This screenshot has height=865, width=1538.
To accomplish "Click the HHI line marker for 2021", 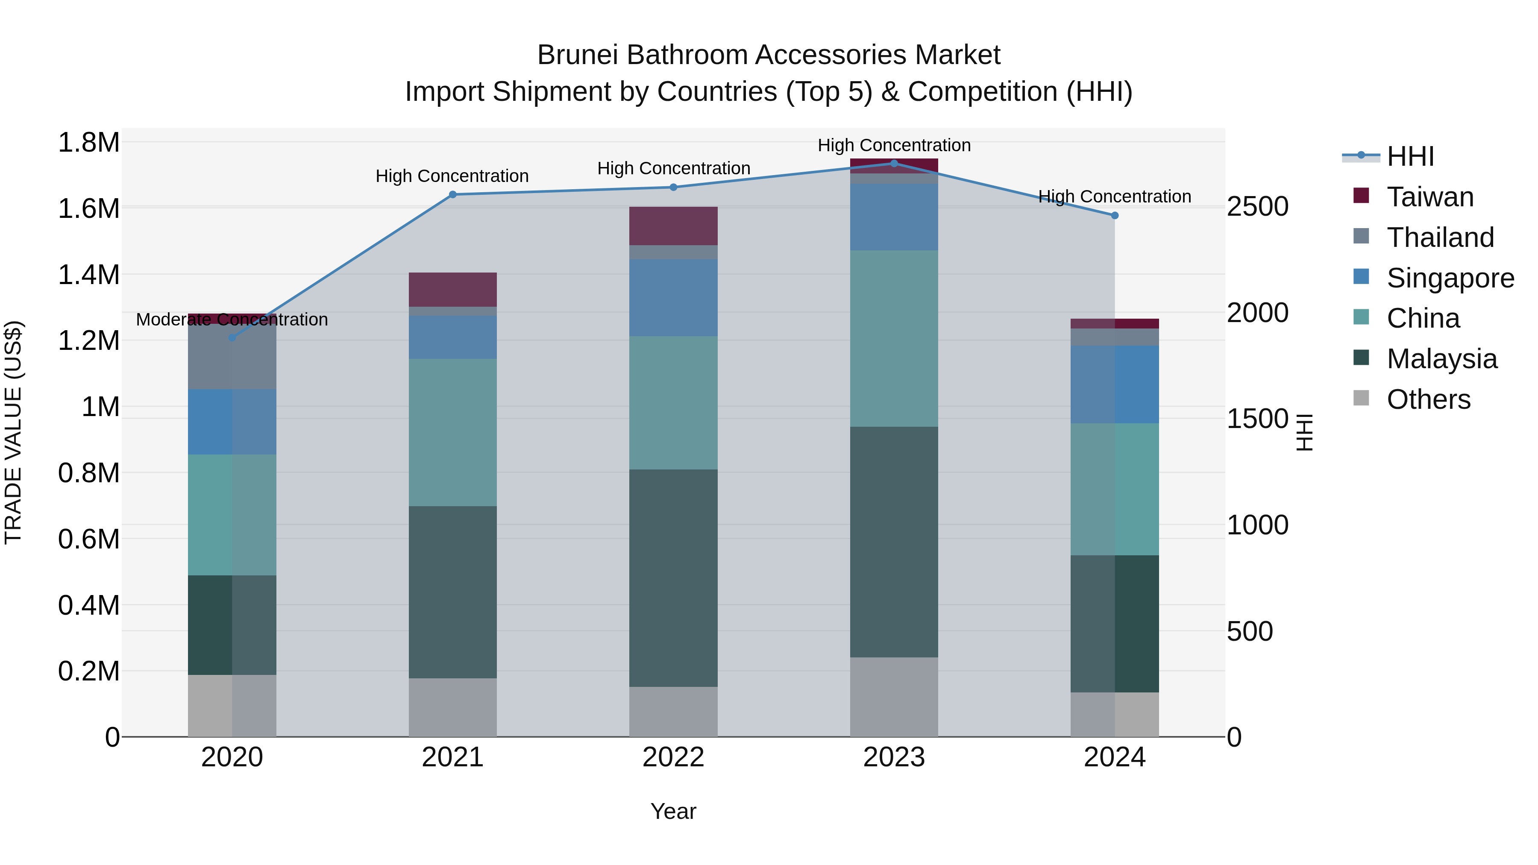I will [452, 195].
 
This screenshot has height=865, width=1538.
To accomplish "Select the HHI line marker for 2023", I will [894, 163].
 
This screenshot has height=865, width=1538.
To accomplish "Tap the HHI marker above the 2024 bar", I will [1115, 216].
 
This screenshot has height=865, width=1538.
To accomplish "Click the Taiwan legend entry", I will [1429, 197].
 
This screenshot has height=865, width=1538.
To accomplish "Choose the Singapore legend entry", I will [1450, 278].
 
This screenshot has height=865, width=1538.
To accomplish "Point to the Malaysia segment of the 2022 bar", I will [673, 578].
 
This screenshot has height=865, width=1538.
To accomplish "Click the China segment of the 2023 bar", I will [894, 338].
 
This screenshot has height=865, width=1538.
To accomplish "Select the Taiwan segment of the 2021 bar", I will [452, 290].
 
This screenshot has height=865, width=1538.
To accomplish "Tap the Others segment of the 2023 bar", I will [894, 697].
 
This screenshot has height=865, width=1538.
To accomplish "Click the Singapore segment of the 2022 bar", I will [673, 297].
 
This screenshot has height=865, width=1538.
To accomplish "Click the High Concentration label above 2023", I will [894, 146].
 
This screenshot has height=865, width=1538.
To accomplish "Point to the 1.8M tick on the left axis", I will [88, 143].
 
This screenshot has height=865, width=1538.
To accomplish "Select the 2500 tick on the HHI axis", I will [1257, 207].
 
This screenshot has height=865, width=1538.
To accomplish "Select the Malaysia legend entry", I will [1441, 359].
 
